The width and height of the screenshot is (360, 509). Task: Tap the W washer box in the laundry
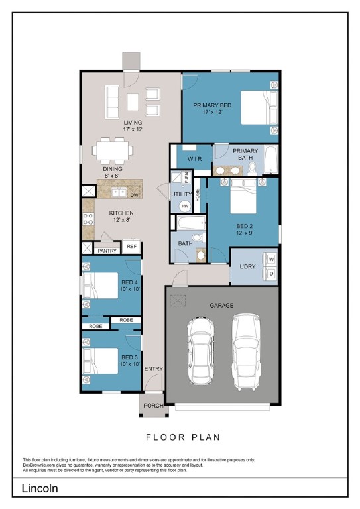tap(271, 259)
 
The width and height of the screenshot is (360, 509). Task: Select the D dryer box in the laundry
tap(271, 273)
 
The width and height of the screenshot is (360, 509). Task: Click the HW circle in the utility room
tap(185, 207)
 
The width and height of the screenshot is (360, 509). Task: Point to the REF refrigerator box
tap(132, 247)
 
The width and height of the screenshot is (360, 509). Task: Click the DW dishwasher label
tap(134, 196)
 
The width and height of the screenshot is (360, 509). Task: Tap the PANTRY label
tap(107, 251)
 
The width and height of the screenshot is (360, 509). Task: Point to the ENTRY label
tap(154, 368)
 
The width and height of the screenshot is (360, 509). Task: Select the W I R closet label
tap(194, 160)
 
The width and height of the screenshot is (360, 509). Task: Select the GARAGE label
tap(221, 306)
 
